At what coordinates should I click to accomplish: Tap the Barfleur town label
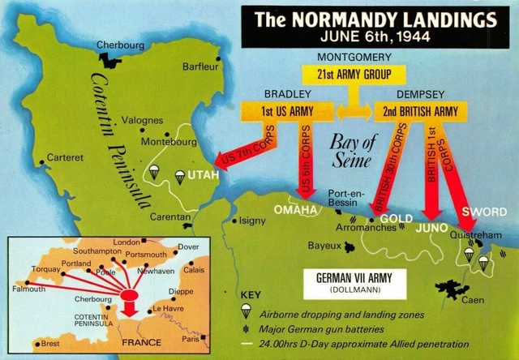(202, 66)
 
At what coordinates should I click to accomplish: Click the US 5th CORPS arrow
(307, 162)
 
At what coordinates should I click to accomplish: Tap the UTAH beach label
(203, 175)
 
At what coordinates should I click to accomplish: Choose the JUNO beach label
(431, 229)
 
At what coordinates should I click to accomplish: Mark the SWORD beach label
(478, 212)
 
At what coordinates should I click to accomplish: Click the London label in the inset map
(127, 242)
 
